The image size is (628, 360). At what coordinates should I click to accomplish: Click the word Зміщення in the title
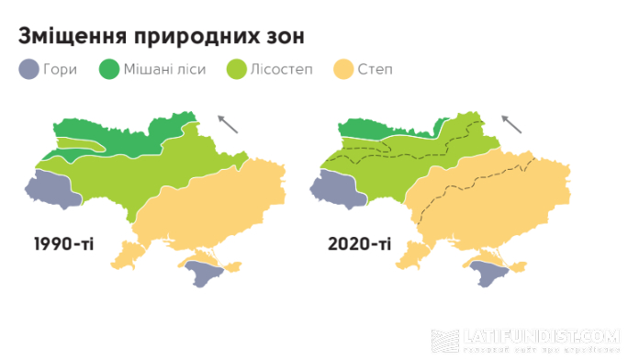point(72,37)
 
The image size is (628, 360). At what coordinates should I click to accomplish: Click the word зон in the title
point(279,37)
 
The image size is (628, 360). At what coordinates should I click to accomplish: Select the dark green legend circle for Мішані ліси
point(110,69)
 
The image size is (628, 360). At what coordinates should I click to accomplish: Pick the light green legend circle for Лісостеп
point(236,69)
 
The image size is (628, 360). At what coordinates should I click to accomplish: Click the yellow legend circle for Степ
point(344,69)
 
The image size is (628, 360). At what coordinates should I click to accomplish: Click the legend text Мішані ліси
point(168,70)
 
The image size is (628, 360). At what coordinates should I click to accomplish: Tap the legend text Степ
point(377,70)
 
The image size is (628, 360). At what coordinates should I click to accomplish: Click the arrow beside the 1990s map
point(227,123)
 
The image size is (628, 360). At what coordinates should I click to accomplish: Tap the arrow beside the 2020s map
point(513,123)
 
